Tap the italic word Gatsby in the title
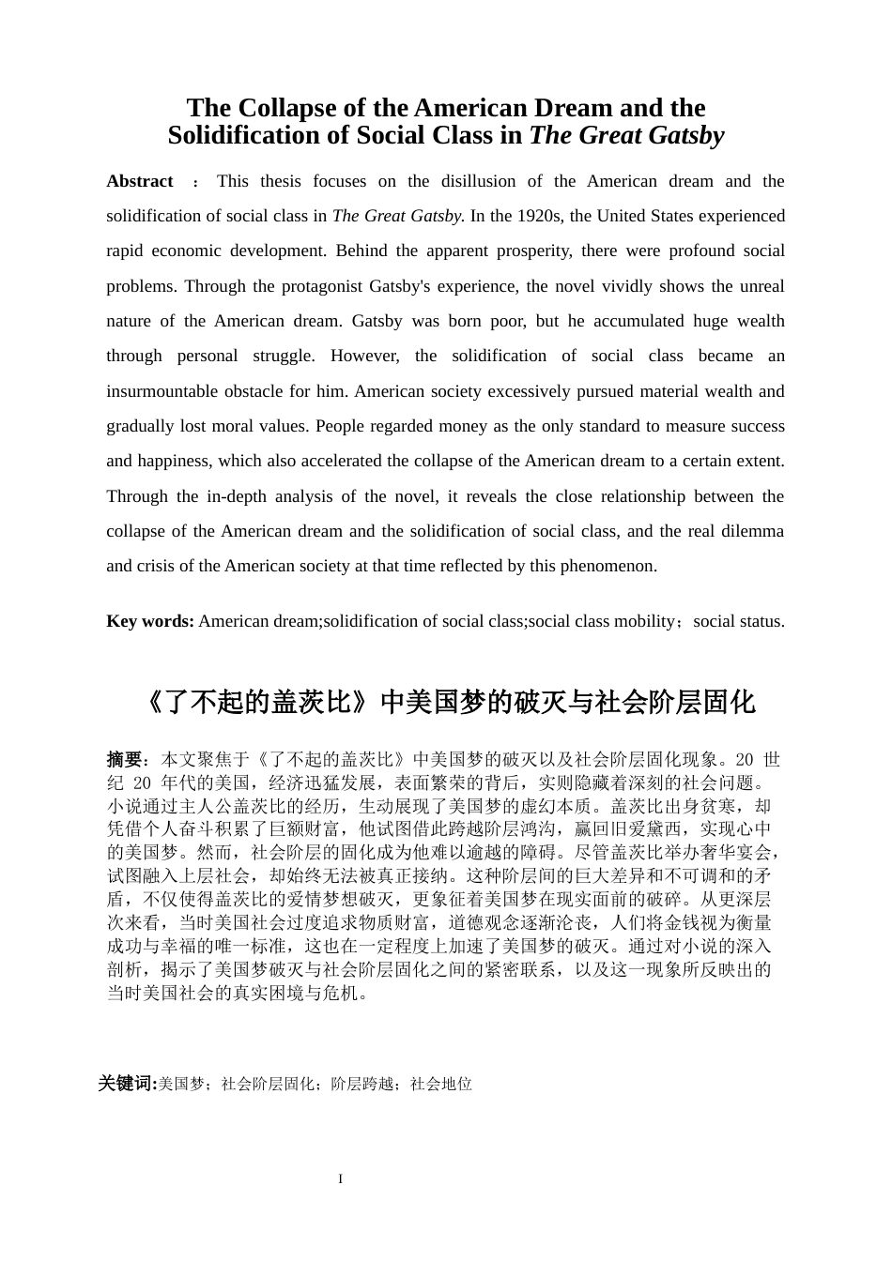point(678,136)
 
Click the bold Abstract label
point(140,181)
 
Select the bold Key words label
point(150,621)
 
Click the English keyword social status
point(738,621)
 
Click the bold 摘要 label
point(124,759)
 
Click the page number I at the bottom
point(341,1179)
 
